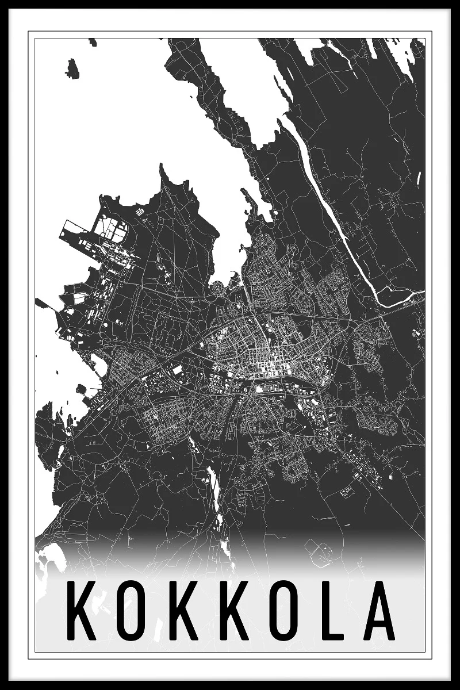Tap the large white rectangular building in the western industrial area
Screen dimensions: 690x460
pos(178,370)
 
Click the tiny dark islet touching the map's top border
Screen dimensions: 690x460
pos(93,42)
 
